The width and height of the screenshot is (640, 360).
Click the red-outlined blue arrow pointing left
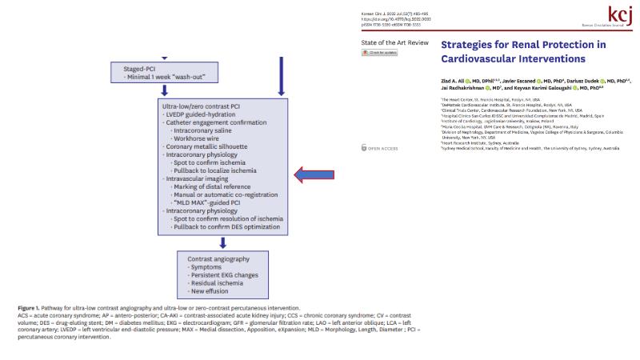[x=318, y=174]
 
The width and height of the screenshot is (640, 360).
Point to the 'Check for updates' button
[x=381, y=53]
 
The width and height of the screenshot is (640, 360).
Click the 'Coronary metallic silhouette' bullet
[x=205, y=147]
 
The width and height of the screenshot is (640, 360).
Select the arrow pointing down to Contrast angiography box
[x=223, y=242]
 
